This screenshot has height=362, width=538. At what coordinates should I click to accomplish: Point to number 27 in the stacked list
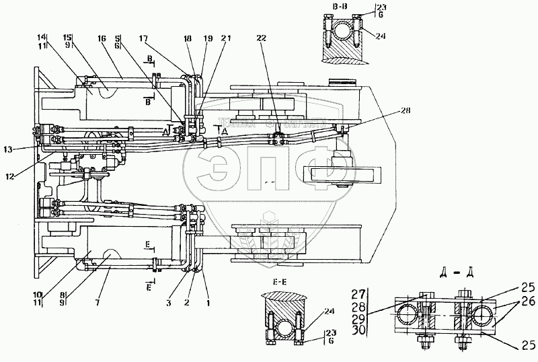(358, 293)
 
